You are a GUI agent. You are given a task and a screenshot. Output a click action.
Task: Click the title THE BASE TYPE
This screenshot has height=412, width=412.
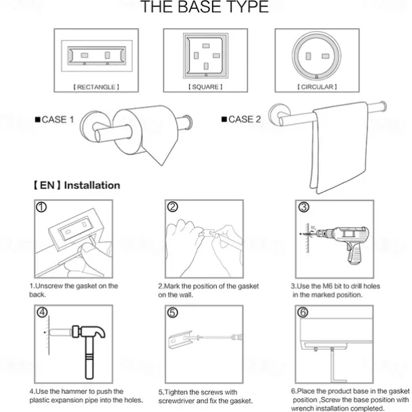click(205, 7)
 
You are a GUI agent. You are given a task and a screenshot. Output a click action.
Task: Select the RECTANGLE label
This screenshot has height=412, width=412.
click(96, 87)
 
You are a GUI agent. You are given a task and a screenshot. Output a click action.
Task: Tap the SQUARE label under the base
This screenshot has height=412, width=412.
click(205, 86)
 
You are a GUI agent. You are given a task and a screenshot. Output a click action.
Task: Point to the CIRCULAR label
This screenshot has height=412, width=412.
click(317, 86)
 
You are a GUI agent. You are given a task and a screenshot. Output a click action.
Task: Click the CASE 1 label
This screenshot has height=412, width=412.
click(55, 120)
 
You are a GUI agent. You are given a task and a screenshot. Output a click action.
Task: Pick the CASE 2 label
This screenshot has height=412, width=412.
click(241, 120)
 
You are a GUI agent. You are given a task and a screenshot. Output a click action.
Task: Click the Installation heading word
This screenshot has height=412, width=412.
click(93, 186)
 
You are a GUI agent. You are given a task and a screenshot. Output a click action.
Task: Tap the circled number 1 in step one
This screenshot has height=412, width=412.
click(41, 207)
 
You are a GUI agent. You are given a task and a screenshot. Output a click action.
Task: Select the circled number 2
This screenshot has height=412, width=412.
click(172, 207)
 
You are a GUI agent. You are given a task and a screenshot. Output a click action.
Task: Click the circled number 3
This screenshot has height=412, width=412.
click(303, 207)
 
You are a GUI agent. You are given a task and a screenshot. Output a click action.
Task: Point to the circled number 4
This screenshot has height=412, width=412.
click(42, 312)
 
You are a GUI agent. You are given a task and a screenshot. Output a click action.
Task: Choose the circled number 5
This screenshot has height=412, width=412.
click(172, 313)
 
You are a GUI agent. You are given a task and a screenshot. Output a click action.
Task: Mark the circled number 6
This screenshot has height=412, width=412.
click(303, 313)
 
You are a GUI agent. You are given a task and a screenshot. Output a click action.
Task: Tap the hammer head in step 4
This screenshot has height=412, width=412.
click(88, 332)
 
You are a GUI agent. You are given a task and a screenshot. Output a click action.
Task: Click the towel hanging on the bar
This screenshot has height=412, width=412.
click(340, 147)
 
